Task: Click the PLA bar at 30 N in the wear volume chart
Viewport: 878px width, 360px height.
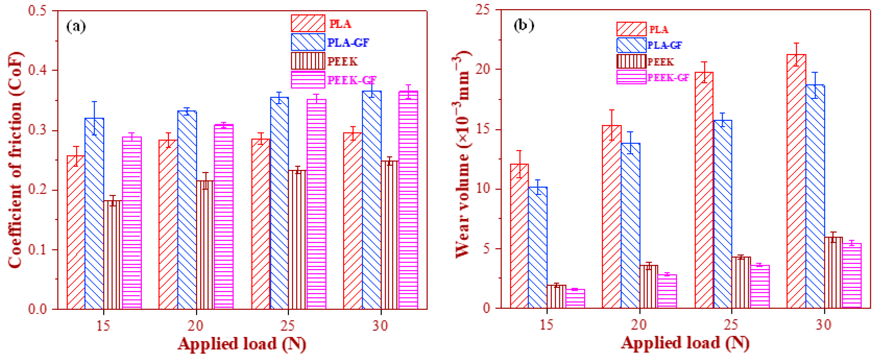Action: [x=796, y=181]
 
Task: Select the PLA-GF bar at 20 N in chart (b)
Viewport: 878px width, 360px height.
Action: [x=630, y=225]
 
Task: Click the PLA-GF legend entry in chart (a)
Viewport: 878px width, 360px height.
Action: [x=348, y=43]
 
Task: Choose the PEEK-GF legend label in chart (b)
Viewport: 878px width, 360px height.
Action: [x=668, y=78]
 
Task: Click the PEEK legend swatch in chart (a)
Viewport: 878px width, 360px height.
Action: [x=308, y=61]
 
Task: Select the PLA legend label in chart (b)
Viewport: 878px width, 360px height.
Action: [x=658, y=30]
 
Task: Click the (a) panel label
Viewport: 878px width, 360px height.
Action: [x=76, y=26]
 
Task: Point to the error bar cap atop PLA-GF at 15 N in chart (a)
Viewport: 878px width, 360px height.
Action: [x=94, y=102]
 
